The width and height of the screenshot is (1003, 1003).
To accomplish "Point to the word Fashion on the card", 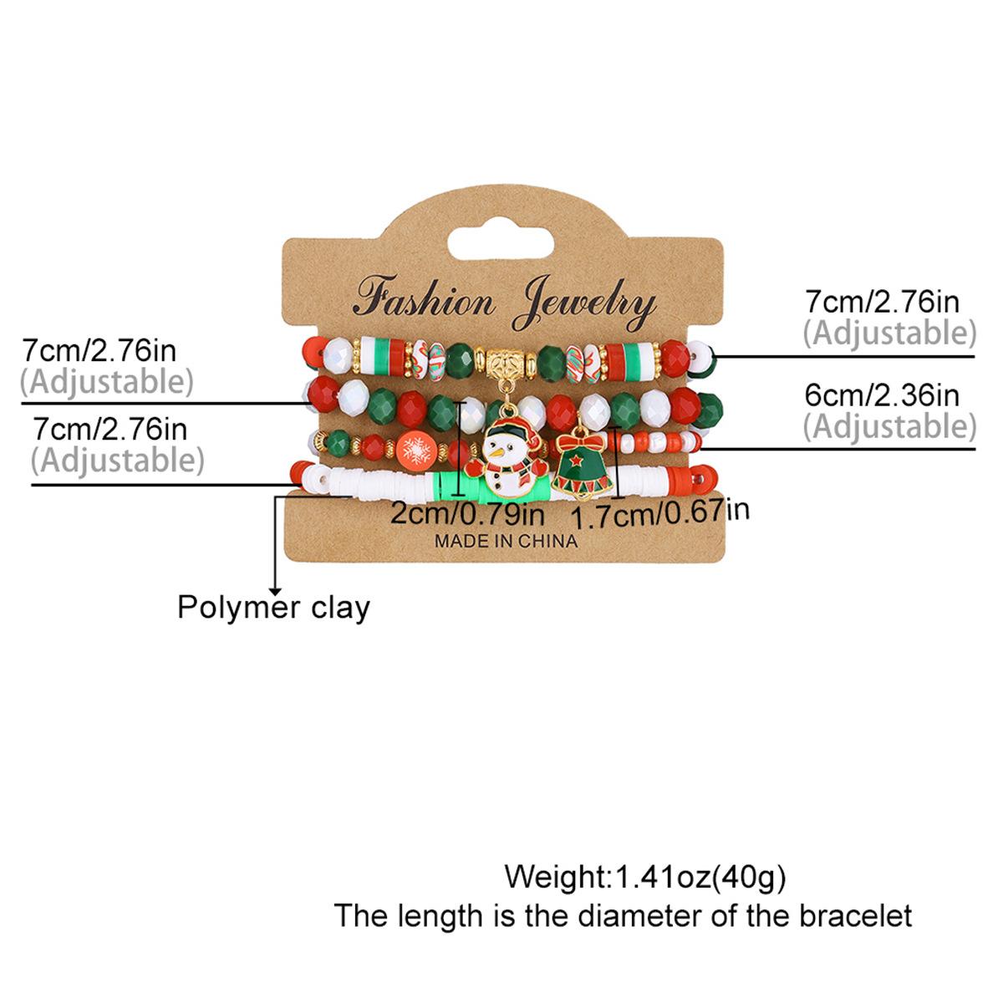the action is (424, 298).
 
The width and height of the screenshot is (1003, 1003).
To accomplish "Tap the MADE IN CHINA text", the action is (506, 542).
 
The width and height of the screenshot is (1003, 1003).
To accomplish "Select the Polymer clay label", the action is (273, 608).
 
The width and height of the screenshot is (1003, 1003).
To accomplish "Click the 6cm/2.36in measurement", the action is (882, 395).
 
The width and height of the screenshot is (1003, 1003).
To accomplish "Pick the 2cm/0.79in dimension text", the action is (467, 514).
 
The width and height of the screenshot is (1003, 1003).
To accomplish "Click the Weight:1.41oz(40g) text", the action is (645, 877).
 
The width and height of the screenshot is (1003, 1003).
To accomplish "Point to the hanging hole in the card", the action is (501, 243).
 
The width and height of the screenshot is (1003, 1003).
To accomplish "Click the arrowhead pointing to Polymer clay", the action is (275, 590).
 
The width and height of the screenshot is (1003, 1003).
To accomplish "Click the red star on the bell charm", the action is (576, 460).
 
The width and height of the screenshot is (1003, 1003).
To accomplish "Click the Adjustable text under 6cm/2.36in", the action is (889, 427).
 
